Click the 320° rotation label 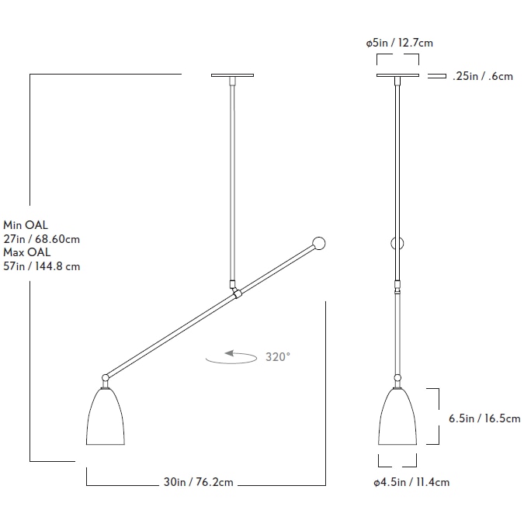(278, 357)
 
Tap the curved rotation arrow (231, 357)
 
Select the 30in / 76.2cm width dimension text (199, 482)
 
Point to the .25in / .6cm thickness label (482, 76)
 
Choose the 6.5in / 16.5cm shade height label (484, 418)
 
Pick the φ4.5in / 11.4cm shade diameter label (411, 482)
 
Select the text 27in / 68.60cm (42, 239)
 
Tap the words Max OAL (27, 252)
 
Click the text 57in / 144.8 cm (42, 266)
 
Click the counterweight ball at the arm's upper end (318, 243)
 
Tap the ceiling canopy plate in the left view (232, 75)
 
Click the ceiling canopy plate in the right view (398, 75)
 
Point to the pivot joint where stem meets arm (235, 293)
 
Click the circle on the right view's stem (398, 243)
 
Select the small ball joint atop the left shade (105, 378)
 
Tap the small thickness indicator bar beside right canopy (437, 76)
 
